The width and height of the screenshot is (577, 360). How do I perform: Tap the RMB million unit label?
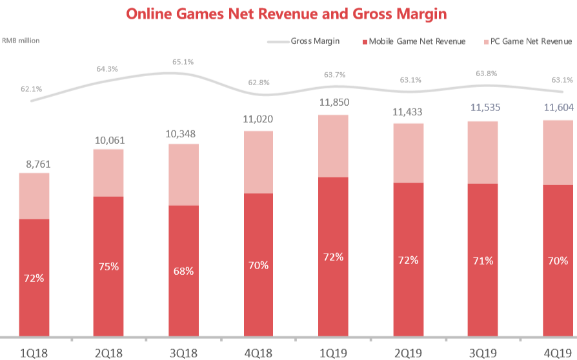coord(21,41)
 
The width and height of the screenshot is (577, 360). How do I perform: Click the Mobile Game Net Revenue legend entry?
coord(417,41)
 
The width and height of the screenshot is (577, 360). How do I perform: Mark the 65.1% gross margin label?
coord(183,62)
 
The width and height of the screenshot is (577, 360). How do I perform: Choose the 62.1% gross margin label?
coord(31,88)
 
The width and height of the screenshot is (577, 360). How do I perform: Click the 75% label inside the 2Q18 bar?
coord(109,266)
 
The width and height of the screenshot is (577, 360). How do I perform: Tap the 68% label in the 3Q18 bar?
coord(183,271)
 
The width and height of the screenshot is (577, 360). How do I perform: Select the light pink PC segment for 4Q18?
coord(258,161)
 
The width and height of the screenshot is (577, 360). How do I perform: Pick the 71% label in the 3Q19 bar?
coord(482,261)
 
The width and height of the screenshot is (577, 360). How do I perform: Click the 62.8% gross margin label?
coord(258,83)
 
